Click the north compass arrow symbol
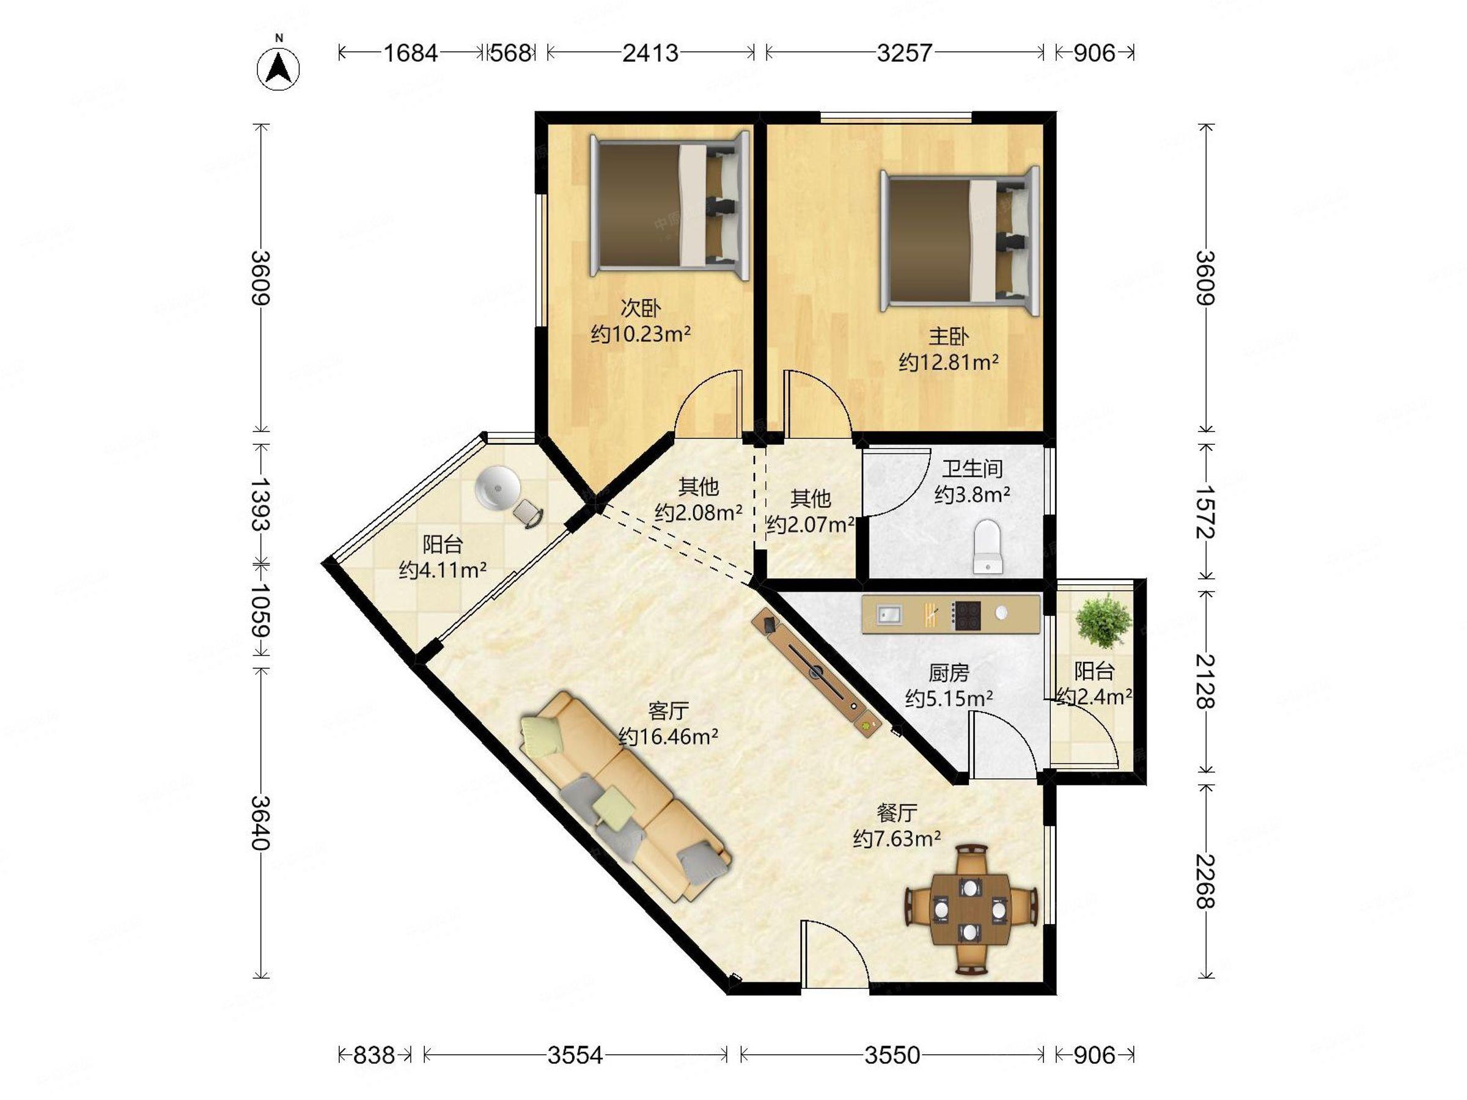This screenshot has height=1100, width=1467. point(279,68)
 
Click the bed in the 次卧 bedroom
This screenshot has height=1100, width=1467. point(671,205)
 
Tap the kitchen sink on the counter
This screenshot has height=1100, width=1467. point(889,615)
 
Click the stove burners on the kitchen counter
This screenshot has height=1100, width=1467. point(966,615)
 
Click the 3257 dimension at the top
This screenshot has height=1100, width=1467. point(905,53)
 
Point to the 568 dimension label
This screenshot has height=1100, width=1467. point(510,53)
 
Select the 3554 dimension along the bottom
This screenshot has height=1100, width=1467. point(575,1054)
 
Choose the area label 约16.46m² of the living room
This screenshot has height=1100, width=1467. point(669,736)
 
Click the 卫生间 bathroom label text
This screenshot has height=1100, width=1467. point(972,469)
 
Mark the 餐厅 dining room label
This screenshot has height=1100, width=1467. point(897,813)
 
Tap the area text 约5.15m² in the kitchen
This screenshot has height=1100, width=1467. point(949,698)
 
